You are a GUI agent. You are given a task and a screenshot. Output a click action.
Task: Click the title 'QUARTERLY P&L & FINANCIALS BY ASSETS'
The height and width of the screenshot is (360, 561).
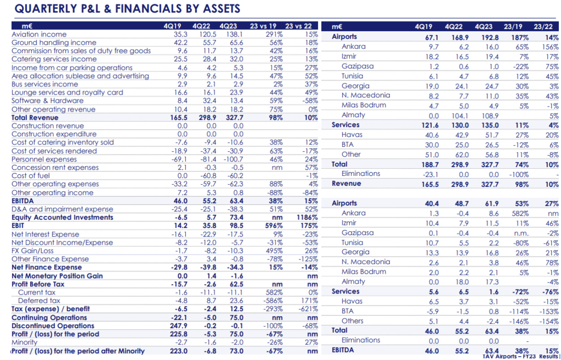point(128,9)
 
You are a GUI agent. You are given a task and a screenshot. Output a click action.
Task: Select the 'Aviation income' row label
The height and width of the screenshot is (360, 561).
point(39,34)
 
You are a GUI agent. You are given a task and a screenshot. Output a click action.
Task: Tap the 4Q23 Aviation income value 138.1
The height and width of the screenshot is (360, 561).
point(235,34)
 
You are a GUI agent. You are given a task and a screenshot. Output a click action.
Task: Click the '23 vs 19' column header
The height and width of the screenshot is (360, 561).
point(263,26)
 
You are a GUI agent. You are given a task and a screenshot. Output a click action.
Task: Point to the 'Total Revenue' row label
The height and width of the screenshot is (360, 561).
point(35,118)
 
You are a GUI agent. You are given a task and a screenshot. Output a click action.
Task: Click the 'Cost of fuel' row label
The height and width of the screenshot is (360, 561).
point(31,175)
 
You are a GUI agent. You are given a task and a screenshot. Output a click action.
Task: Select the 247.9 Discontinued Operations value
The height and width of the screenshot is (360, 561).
point(179,326)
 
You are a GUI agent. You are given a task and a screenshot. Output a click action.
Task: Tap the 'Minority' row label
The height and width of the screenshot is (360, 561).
point(24,342)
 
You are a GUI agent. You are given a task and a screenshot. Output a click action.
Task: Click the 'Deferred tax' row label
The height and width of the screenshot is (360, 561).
point(39,301)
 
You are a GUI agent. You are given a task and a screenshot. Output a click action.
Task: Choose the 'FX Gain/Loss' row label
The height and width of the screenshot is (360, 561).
point(32,251)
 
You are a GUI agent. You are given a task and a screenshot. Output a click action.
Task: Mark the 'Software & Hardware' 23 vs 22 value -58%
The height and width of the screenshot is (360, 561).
point(310,101)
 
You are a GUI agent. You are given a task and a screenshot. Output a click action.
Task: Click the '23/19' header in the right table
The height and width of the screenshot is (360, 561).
point(513,26)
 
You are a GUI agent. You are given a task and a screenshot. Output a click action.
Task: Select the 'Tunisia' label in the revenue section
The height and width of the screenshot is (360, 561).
point(352,76)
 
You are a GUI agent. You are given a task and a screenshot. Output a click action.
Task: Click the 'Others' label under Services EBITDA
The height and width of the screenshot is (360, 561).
point(353,320)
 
